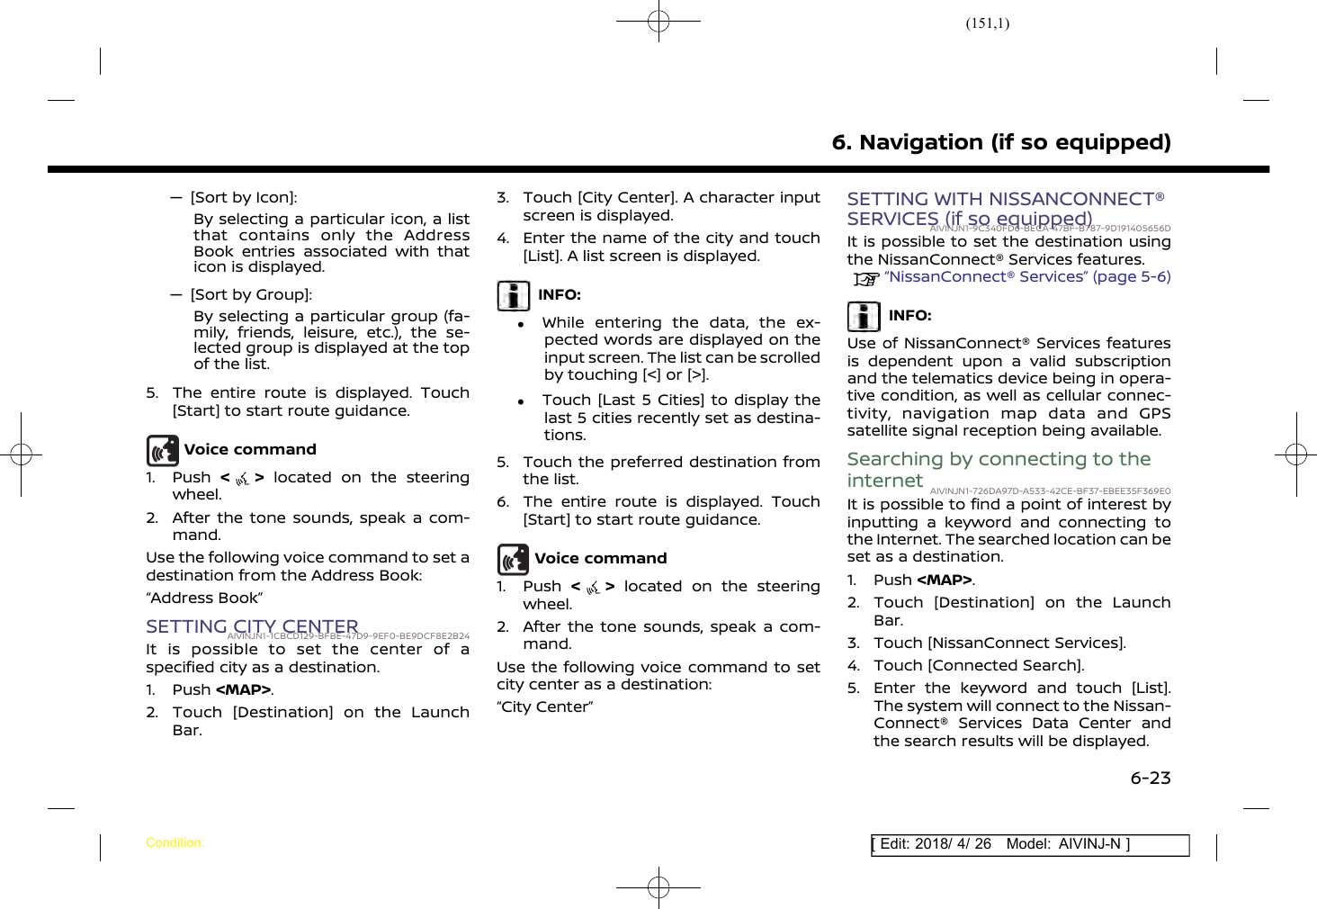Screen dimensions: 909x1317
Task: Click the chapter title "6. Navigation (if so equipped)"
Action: coord(1000,142)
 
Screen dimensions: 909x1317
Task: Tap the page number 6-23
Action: coord(1151,778)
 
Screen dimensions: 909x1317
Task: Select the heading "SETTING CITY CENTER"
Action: coord(252,626)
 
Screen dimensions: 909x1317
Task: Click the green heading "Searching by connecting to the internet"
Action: coord(999,469)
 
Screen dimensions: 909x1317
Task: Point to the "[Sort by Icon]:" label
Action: coord(244,198)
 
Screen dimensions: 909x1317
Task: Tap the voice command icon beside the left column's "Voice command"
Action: coord(163,450)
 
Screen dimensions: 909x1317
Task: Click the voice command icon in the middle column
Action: coord(514,559)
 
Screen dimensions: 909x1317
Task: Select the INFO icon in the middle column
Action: coord(514,295)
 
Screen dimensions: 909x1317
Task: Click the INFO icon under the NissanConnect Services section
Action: coord(864,316)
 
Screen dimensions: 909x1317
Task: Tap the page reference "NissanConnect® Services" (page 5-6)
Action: coord(1026,277)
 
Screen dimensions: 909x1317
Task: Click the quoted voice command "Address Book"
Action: coord(204,598)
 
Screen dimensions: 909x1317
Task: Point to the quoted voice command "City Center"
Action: coord(544,707)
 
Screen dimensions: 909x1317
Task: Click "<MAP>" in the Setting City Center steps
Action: coord(243,690)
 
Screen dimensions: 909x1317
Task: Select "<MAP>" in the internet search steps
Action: coord(945,580)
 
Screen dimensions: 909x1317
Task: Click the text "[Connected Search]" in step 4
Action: coord(1005,666)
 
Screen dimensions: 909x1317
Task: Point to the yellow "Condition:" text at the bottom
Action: coord(175,843)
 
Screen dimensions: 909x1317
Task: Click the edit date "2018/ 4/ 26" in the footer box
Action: coord(953,844)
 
